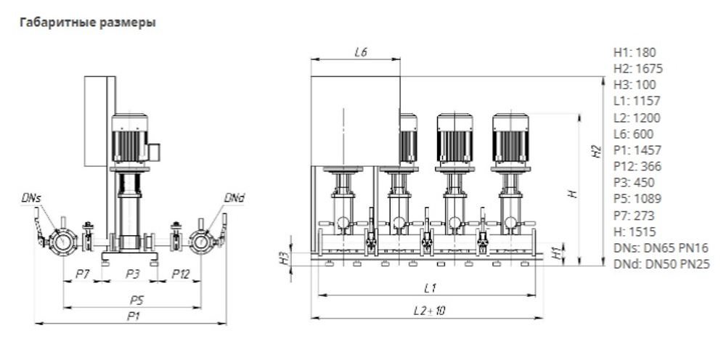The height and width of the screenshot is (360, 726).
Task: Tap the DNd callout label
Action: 234,197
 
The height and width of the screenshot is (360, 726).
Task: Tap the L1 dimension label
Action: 429,288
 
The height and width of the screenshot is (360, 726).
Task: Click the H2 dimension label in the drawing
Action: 596,152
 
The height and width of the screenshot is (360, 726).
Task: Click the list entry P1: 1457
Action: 637,150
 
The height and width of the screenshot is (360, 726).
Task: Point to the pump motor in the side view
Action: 131,138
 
